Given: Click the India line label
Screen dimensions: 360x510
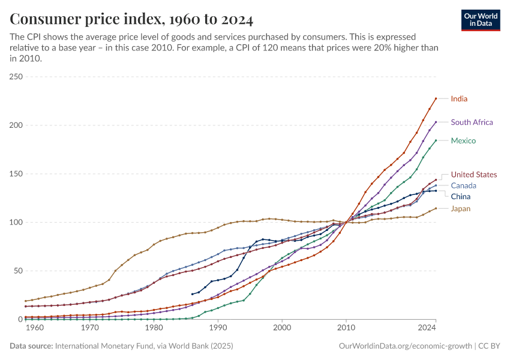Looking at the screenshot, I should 459,98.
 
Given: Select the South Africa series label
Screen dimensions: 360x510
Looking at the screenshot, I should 472,122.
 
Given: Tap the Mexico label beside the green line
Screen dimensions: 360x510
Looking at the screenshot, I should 463,141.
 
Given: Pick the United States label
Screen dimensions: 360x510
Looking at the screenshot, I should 473,175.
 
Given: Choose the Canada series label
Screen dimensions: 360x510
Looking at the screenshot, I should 463,185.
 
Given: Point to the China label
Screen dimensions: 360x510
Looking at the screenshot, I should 461,197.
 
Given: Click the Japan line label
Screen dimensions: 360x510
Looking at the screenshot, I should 461,209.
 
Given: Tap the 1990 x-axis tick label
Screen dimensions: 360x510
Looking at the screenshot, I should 218,328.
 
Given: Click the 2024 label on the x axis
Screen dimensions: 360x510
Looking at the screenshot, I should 427,328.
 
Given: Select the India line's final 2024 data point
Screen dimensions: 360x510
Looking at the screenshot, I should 436,98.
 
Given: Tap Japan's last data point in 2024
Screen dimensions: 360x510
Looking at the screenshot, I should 436,208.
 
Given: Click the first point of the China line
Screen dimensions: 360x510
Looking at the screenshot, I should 192,294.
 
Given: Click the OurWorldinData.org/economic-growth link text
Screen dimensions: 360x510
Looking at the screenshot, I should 406,346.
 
